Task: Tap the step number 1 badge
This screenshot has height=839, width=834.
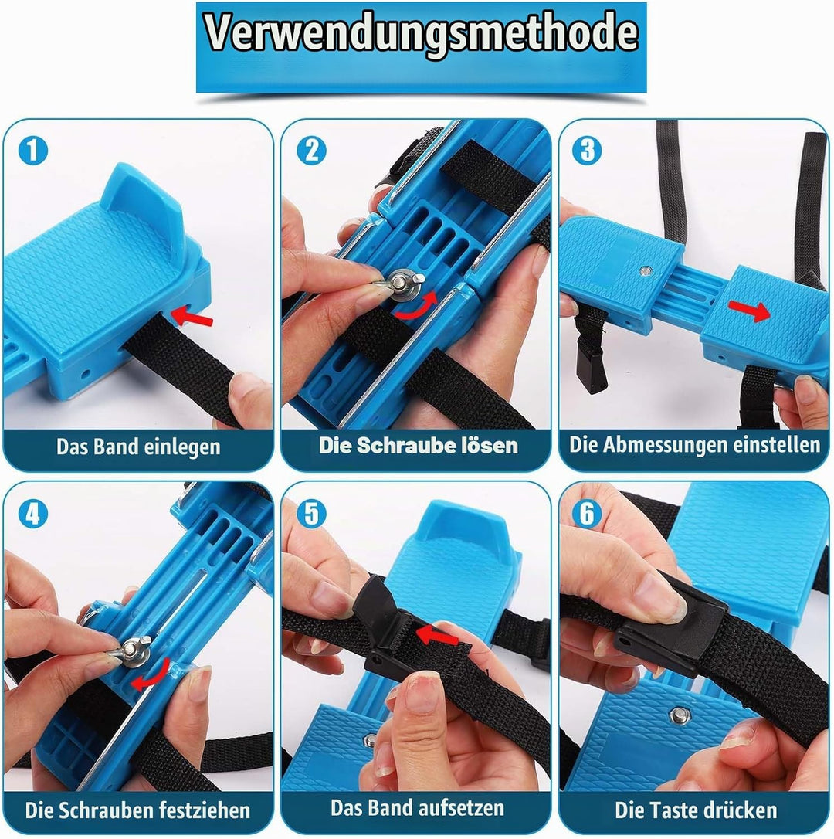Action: (x=33, y=151)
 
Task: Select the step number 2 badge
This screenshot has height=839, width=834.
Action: (x=311, y=151)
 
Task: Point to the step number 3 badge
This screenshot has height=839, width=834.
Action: (x=587, y=151)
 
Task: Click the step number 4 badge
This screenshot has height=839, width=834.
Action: (x=33, y=514)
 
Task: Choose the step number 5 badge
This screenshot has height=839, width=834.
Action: (x=311, y=514)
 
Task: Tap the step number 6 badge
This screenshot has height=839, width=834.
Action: (x=587, y=514)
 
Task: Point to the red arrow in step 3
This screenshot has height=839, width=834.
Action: (x=750, y=311)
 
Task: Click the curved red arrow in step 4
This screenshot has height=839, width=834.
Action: (x=151, y=675)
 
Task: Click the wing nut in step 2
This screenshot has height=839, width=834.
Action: (x=400, y=282)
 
